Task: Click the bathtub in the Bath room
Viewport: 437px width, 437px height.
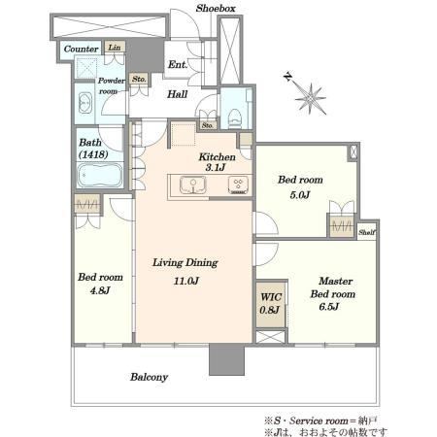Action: coord(100,175)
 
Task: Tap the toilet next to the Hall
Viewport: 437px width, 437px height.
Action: coord(235,118)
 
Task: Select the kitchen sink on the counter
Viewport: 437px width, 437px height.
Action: coord(193,185)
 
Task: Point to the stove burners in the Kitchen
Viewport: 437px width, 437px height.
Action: coord(239,185)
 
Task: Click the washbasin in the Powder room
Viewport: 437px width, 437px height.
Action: coord(85,103)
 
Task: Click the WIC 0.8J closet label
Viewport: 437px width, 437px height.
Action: coord(271,303)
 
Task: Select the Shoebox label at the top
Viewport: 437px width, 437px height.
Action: coord(216,8)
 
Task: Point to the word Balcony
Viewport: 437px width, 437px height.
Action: coord(149,377)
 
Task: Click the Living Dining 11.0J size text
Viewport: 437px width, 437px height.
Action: coord(186,281)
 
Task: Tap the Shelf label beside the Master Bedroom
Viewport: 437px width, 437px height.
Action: coord(367,232)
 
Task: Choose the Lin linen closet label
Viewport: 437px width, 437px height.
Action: coord(115,48)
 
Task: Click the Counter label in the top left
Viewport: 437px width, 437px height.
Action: coord(81,49)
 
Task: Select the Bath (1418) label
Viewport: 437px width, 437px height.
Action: coord(93,149)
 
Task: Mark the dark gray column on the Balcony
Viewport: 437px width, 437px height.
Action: coord(226,359)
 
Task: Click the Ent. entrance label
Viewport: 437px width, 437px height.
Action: coord(178,64)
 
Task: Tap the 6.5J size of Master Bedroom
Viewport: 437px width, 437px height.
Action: coord(329,306)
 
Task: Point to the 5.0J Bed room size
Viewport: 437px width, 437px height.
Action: coord(300,195)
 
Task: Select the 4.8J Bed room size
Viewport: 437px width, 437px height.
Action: coord(100,290)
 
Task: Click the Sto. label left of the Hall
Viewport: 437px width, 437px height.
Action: coord(139,79)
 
